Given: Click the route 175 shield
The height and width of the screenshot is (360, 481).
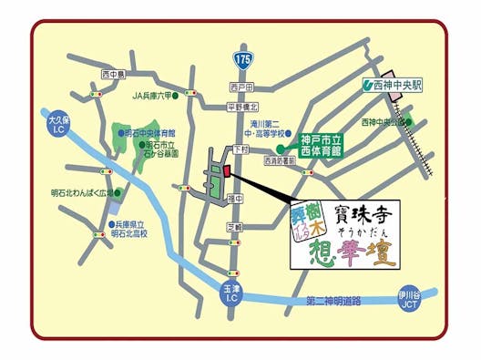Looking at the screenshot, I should [x=240, y=57].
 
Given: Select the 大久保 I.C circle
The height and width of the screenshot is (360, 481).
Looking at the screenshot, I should [x=56, y=120].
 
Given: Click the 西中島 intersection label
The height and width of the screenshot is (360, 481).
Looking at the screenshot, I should [x=113, y=73].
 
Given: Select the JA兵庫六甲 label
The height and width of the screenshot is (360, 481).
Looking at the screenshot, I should [x=151, y=95].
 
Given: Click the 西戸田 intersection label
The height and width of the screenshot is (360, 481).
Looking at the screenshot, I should [x=241, y=87].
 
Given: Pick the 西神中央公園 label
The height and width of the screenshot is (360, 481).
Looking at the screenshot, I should [x=382, y=121].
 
